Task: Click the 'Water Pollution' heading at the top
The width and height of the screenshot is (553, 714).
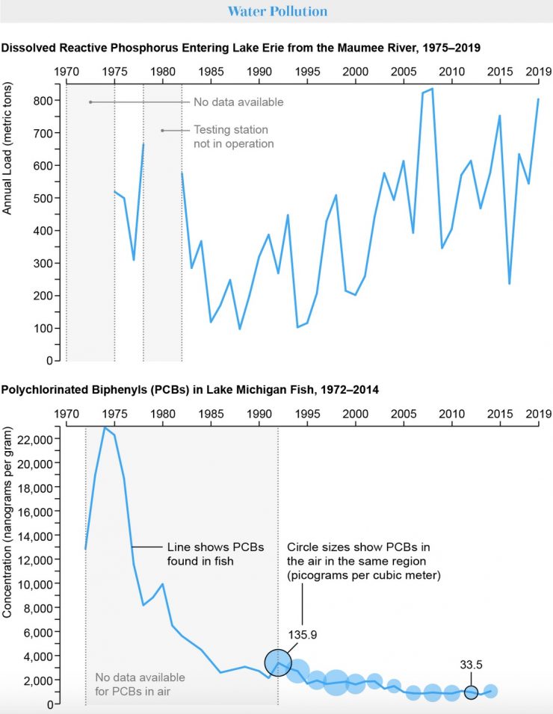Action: pos(276,12)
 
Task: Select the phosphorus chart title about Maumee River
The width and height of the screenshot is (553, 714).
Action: pos(241,47)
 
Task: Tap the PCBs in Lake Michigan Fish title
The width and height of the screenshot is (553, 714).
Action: pos(190,390)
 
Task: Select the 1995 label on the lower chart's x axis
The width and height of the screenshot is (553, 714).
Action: pos(307,413)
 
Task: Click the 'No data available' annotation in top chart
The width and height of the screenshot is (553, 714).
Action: pos(228,102)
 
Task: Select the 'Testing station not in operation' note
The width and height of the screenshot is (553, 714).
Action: pos(233,137)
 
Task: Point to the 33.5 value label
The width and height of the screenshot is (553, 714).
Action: pos(471,664)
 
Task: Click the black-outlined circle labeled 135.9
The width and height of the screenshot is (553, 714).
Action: pos(279,662)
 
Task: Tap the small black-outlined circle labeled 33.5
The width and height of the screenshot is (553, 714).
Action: pos(471,692)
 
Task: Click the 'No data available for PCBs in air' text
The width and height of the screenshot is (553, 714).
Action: pos(140,683)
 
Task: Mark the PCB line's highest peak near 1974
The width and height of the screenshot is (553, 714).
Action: pos(105,427)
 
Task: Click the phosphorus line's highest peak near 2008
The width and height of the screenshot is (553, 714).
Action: pos(431,89)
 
